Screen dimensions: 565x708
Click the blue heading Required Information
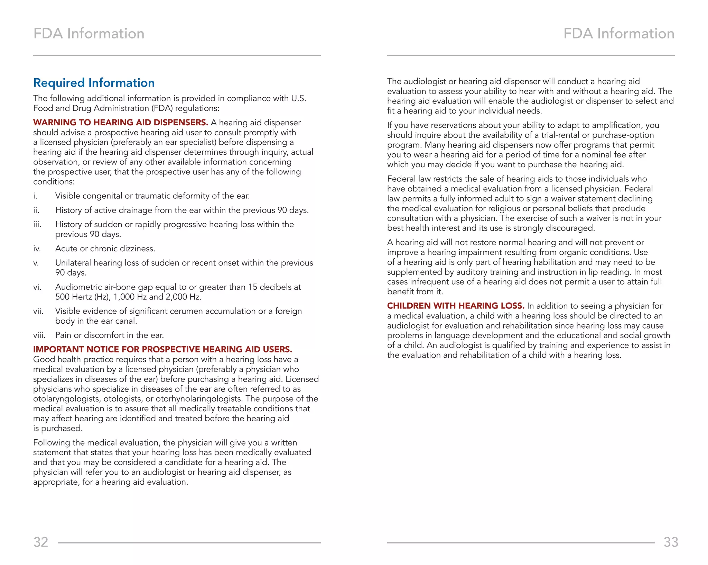[94, 83]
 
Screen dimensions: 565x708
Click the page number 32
[41, 542]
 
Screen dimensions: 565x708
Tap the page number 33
[671, 542]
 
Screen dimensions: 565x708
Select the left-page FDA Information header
[89, 34]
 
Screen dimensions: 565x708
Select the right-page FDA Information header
[619, 34]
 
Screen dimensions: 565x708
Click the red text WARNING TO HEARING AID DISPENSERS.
[121, 123]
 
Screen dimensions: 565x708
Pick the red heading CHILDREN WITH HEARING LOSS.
[456, 306]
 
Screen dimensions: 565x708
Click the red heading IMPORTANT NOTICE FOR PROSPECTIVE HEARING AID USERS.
[162, 349]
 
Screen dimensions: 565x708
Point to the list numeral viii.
[39, 335]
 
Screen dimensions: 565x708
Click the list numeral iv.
[37, 249]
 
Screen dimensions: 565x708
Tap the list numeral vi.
[37, 287]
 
